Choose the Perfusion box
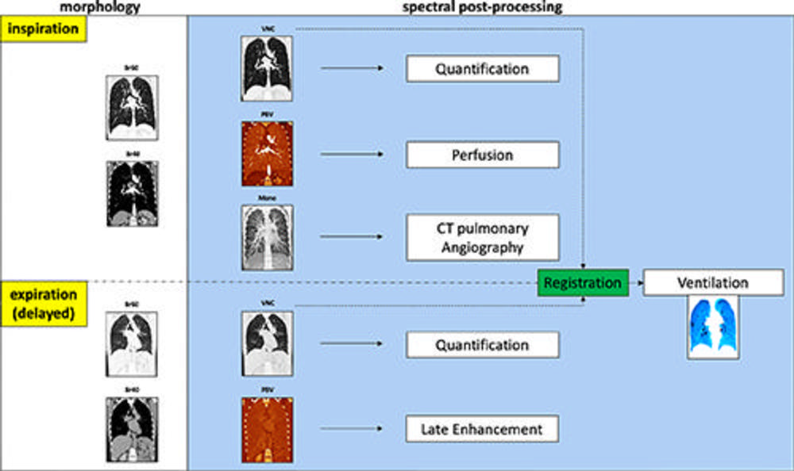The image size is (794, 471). [x=482, y=155]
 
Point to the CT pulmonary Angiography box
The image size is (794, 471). [x=482, y=237]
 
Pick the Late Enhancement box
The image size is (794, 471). [x=482, y=430]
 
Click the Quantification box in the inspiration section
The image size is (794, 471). [x=482, y=69]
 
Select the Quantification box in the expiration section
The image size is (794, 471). [x=482, y=345]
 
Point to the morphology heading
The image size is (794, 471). [x=106, y=6]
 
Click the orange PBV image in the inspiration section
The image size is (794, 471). [x=267, y=154]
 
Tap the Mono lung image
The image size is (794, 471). [x=267, y=236]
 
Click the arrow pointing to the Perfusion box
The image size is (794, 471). [x=353, y=155]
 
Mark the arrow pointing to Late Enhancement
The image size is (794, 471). [x=353, y=430]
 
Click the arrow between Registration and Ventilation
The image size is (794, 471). [x=635, y=282]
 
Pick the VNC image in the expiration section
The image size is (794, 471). [x=267, y=343]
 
